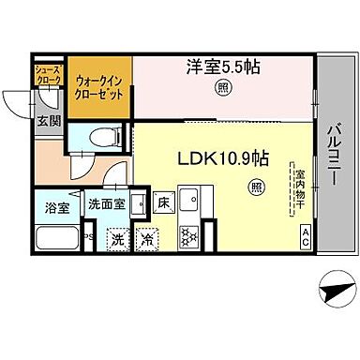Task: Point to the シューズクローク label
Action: pyautogui.click(x=47, y=73)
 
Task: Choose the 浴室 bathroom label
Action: pyautogui.click(x=53, y=206)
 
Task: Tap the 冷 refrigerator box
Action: pyautogui.click(x=148, y=238)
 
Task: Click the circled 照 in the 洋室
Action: pyautogui.click(x=221, y=88)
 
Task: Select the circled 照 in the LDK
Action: pyautogui.click(x=256, y=188)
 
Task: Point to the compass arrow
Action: pyautogui.click(x=333, y=293)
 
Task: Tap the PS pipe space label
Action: pyautogui.click(x=88, y=236)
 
